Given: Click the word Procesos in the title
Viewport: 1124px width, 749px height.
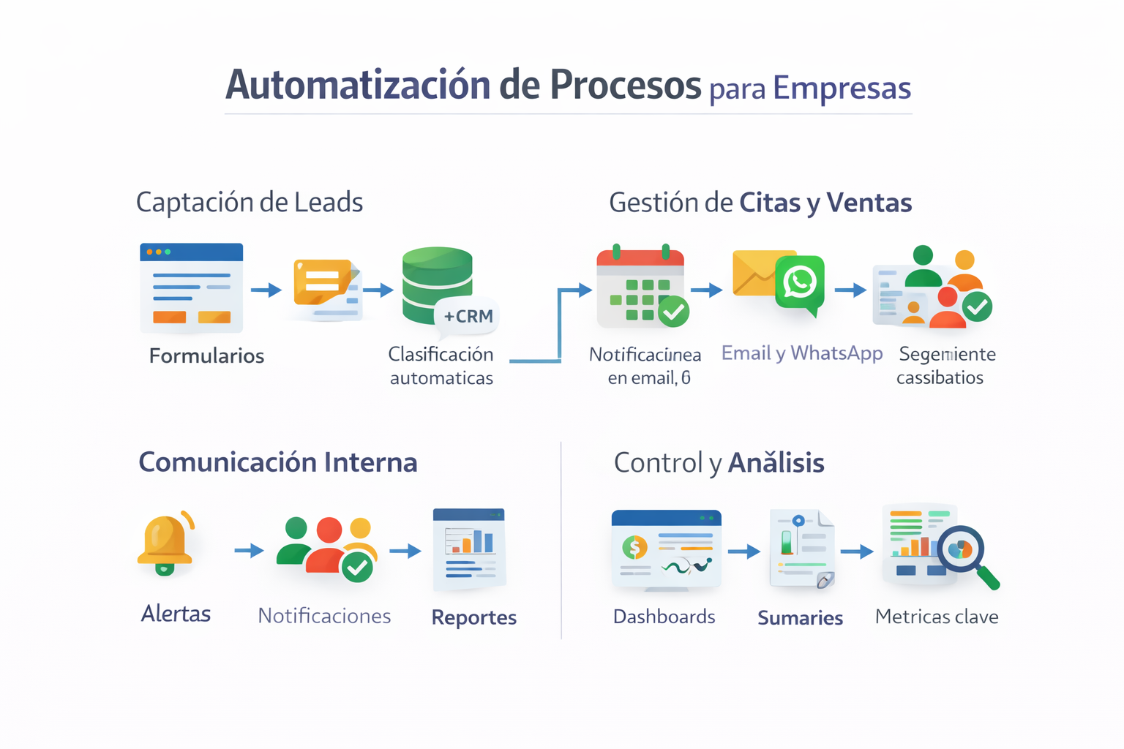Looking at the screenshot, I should pyautogui.click(x=626, y=86).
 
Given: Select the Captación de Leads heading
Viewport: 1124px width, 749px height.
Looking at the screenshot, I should pyautogui.click(x=250, y=203).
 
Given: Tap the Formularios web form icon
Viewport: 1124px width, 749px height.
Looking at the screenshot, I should pyautogui.click(x=192, y=287).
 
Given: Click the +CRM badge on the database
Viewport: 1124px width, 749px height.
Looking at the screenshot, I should pyautogui.click(x=468, y=316).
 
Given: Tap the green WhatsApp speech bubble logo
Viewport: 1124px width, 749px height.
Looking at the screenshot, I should pyautogui.click(x=800, y=284).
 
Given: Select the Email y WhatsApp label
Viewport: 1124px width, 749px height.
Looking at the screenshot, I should pyautogui.click(x=802, y=353).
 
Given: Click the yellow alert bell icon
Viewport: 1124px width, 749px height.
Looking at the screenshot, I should pyautogui.click(x=165, y=543).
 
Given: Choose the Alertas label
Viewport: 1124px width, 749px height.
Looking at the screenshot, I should pyautogui.click(x=176, y=614).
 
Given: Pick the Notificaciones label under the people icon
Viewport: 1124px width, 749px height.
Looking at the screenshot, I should pyautogui.click(x=324, y=616).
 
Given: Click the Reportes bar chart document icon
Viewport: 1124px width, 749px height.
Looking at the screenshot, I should pyautogui.click(x=469, y=549).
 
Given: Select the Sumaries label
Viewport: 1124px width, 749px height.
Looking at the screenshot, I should pyautogui.click(x=800, y=618).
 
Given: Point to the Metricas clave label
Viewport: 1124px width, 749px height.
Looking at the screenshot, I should pyautogui.click(x=937, y=617).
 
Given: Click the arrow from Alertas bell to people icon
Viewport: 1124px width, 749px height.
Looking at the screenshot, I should pyautogui.click(x=249, y=550).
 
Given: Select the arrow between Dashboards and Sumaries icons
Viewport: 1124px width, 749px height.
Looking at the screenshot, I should pyautogui.click(x=744, y=552).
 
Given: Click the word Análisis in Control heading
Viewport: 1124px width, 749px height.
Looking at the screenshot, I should pyautogui.click(x=776, y=463).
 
